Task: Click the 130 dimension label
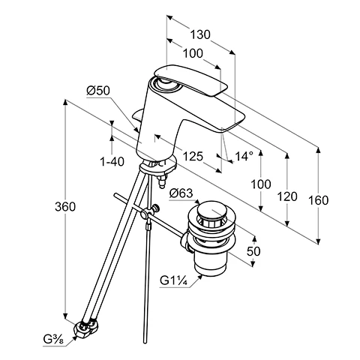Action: [x=200, y=34]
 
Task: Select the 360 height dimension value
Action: [x=65, y=207]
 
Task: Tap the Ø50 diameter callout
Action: [x=98, y=91]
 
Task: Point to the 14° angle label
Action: [x=244, y=156]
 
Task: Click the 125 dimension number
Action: [x=193, y=157]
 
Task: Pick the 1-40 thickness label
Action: [x=112, y=162]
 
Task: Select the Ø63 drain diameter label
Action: [x=181, y=193]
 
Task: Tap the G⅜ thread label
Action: [x=53, y=340]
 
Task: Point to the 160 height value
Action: [x=318, y=200]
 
